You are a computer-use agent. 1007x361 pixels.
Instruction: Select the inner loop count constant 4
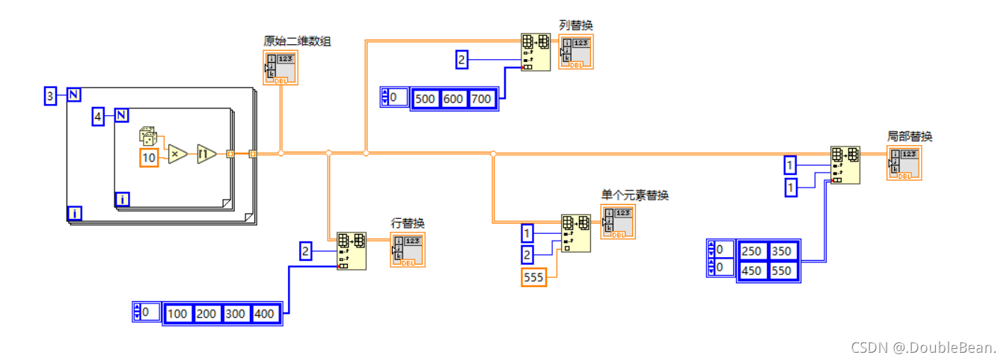coord(98,116)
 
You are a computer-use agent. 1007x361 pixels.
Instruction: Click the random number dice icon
coord(147,137)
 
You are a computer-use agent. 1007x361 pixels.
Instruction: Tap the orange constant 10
coord(150,158)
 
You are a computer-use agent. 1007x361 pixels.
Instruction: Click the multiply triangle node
coord(177,154)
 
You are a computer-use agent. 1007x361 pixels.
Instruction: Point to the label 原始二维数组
coord(297,41)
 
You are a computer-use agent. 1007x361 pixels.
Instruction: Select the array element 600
coord(454,99)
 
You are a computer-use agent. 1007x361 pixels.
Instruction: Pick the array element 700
coord(482,99)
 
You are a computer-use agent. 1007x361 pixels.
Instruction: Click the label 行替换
coord(408,223)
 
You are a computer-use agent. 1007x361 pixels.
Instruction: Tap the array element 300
coord(236,313)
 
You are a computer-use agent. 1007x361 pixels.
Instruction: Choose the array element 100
coord(177,313)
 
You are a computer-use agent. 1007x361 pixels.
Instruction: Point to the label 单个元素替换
coord(634,195)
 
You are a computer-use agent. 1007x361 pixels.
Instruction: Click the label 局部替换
coord(910,136)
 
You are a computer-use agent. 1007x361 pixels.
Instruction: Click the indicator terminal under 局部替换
coord(905,163)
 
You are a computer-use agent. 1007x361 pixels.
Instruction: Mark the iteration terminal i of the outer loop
coord(75,214)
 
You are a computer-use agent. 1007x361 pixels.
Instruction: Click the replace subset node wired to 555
coord(576,233)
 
